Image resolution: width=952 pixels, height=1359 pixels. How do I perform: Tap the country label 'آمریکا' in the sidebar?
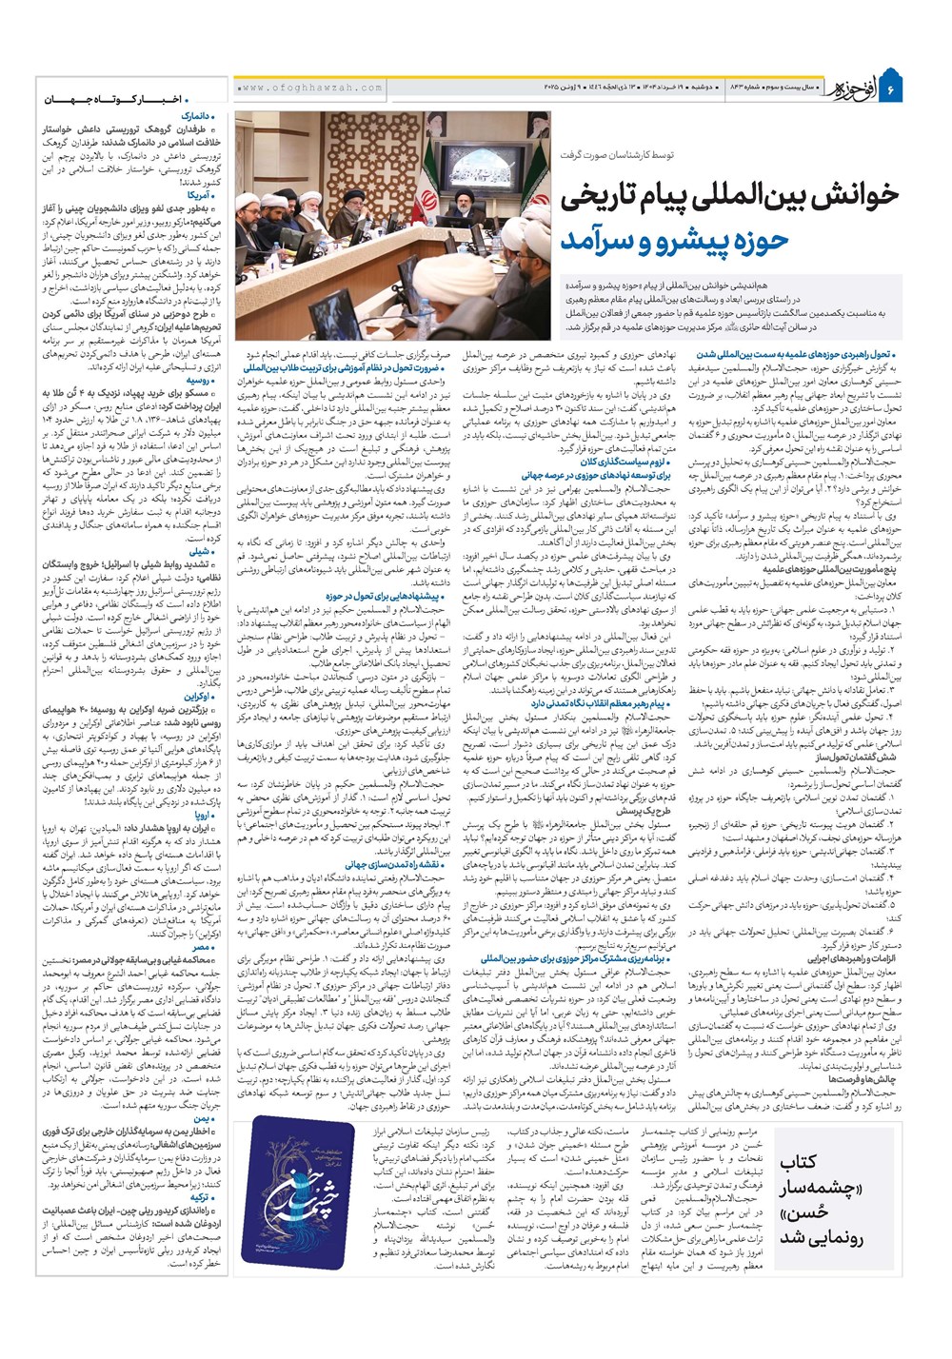[x=204, y=195]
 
